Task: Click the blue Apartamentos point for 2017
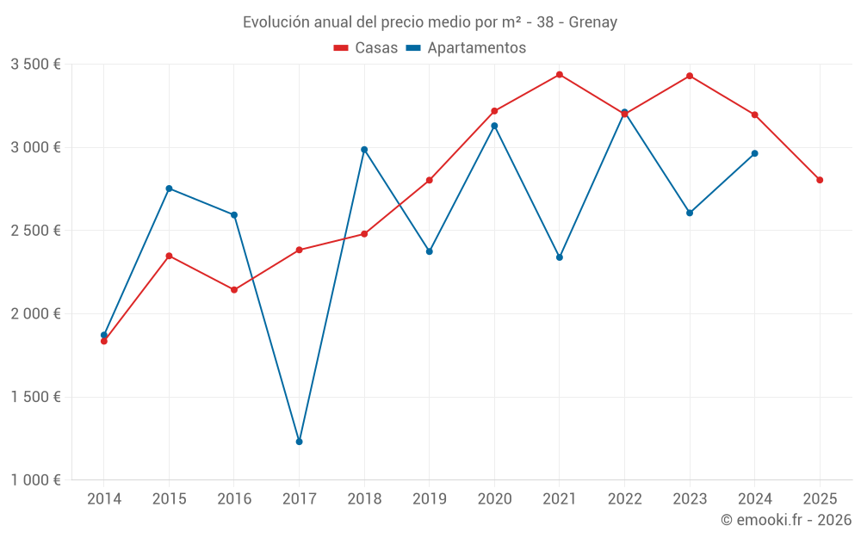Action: (300, 442)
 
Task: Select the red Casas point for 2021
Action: (560, 75)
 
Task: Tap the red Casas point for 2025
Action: (820, 180)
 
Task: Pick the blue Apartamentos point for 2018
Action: (364, 150)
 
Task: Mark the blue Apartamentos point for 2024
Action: (755, 153)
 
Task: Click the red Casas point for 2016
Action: (234, 290)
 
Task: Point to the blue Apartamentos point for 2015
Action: (169, 189)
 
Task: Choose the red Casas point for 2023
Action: (690, 76)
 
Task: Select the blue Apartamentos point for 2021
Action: (560, 257)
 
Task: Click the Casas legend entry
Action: (366, 48)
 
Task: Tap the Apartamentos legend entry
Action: (466, 48)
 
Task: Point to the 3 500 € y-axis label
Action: (35, 65)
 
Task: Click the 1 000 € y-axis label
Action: (35, 480)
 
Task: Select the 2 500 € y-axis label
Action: (35, 231)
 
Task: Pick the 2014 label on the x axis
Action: (104, 499)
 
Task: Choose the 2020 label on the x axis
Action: (494, 499)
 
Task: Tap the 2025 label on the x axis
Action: (820, 499)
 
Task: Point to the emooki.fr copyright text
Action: (785, 520)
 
